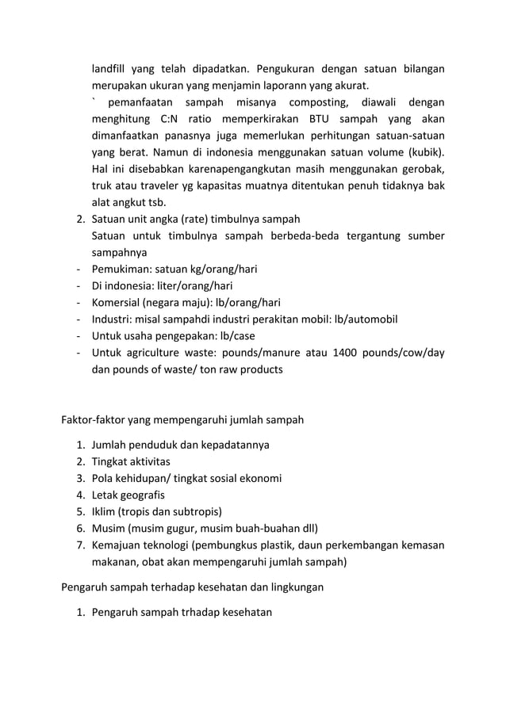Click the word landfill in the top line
(x=109, y=68)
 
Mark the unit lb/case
(x=231, y=336)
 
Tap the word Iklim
(x=105, y=511)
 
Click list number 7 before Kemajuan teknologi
(x=81, y=545)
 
